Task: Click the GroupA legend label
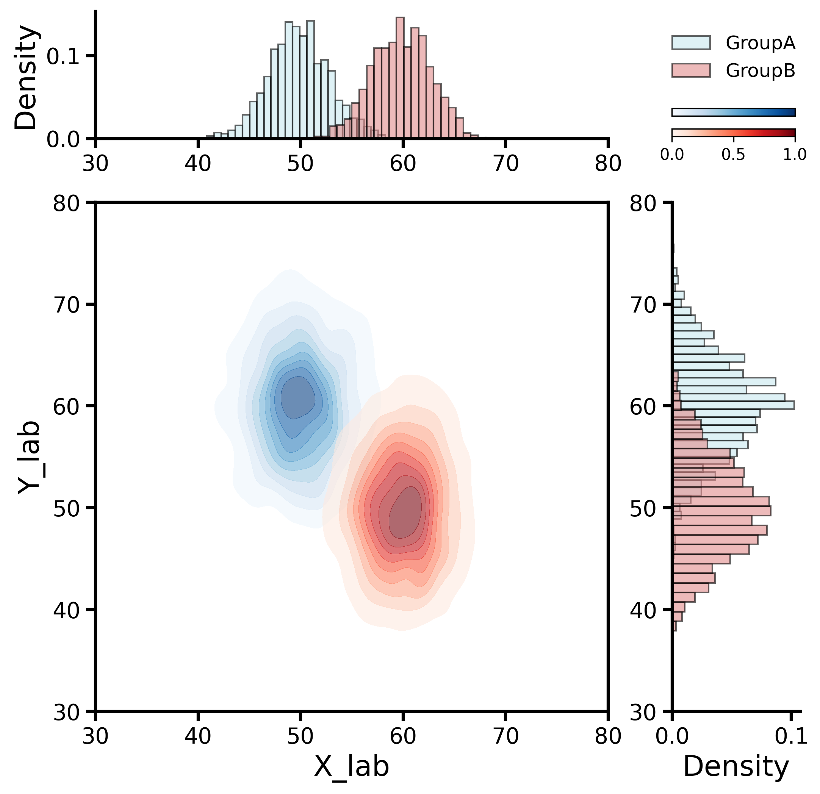point(760,43)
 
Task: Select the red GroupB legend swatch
point(691,70)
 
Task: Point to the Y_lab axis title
point(29,457)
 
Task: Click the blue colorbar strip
point(733,112)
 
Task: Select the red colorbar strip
point(733,133)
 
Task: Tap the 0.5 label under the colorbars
point(733,155)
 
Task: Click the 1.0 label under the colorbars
point(795,155)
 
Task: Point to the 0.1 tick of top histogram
point(63,56)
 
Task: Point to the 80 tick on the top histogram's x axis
point(608,163)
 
